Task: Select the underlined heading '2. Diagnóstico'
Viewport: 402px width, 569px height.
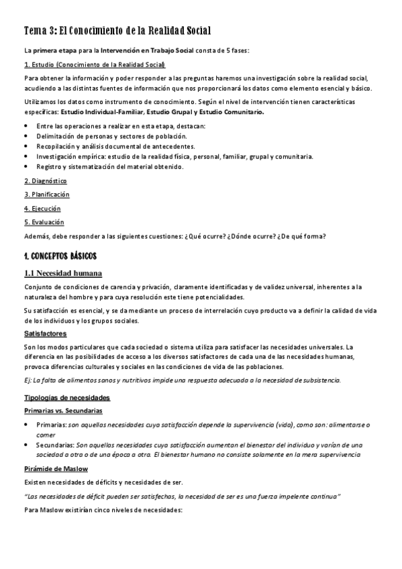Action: coord(46,181)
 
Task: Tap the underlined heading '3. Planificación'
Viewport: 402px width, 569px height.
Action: coord(47,195)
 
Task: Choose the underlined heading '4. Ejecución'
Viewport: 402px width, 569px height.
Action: coord(42,208)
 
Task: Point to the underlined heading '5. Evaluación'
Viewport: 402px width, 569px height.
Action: coord(44,221)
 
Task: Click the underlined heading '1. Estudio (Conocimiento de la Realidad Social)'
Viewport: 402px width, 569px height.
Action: coord(95,64)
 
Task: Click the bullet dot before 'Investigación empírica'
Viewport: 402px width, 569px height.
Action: coord(26,156)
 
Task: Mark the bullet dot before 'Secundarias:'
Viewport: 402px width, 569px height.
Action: coord(26,445)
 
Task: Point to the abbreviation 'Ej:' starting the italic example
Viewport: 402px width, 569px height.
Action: coord(28,380)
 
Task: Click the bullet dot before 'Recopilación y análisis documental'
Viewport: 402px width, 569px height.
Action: coord(26,146)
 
